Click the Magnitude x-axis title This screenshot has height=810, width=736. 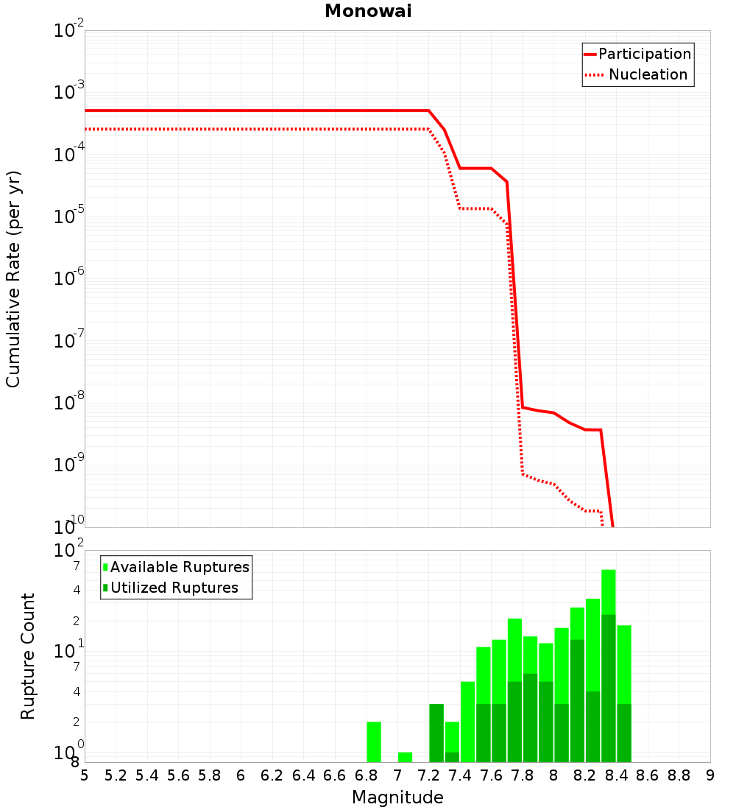click(x=397, y=797)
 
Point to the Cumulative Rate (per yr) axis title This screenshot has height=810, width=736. click(x=13, y=279)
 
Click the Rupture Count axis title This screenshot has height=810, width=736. click(x=28, y=655)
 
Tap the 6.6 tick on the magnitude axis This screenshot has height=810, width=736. click(x=335, y=775)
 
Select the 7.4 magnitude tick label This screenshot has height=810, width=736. click(x=460, y=775)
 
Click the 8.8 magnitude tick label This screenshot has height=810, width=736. click(x=679, y=775)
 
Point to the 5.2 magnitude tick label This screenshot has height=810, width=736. click(x=116, y=775)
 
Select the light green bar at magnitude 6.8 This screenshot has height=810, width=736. click(x=374, y=742)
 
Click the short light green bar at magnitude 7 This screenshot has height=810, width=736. click(x=405, y=757)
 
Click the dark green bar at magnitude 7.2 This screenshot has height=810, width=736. click(x=436, y=733)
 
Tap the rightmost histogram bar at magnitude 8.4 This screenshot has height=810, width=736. click(x=624, y=692)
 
